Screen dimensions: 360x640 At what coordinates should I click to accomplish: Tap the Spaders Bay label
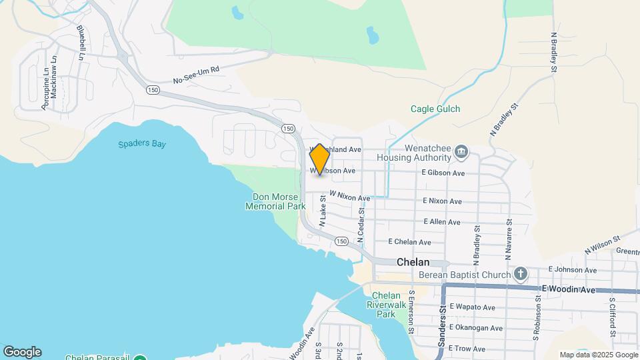pos(142,143)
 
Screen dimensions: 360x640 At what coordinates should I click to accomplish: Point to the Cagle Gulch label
pos(435,109)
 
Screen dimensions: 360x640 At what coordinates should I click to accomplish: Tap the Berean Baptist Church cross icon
pos(521,274)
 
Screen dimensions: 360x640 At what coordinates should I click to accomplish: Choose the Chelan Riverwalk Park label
pos(385,305)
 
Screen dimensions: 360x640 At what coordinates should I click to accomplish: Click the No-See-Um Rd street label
pos(196,75)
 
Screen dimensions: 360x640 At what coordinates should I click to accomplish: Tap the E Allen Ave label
pos(441,221)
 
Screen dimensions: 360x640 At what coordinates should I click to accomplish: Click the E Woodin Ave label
pos(568,289)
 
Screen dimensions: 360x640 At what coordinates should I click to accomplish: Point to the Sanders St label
pos(441,326)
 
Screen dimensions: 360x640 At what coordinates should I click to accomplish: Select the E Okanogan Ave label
pos(475,327)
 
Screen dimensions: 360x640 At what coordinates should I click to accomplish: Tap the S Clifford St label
pos(611,317)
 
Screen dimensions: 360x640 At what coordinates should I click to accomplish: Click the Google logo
pos(22,351)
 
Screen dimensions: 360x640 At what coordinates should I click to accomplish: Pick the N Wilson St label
pos(602,243)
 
